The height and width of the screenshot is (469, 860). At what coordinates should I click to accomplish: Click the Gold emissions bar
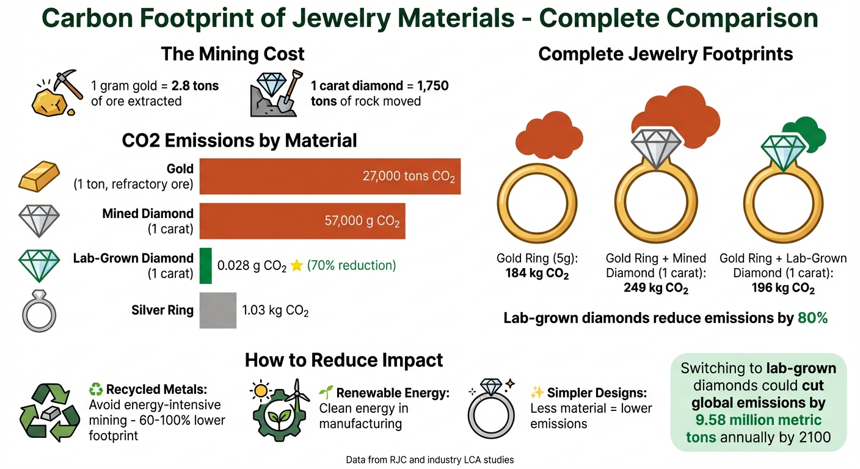pyautogui.click(x=330, y=176)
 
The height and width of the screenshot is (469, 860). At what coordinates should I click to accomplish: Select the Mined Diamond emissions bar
pyautogui.click(x=302, y=221)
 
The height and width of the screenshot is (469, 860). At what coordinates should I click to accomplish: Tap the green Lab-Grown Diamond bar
pyautogui.click(x=206, y=266)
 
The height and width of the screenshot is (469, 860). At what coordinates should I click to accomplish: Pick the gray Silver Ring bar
pyautogui.click(x=218, y=310)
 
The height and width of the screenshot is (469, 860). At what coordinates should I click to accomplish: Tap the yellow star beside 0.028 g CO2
pyautogui.click(x=297, y=266)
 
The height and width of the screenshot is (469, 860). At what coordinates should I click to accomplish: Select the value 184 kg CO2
pyautogui.click(x=537, y=274)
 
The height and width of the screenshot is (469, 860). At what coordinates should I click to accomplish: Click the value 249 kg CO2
pyautogui.click(x=656, y=288)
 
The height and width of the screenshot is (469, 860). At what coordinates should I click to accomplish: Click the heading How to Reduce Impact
pyautogui.click(x=344, y=360)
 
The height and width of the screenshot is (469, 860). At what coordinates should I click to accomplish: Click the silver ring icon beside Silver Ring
pyautogui.click(x=39, y=311)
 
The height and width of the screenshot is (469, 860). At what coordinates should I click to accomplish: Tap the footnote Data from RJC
pyautogui.click(x=429, y=459)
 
